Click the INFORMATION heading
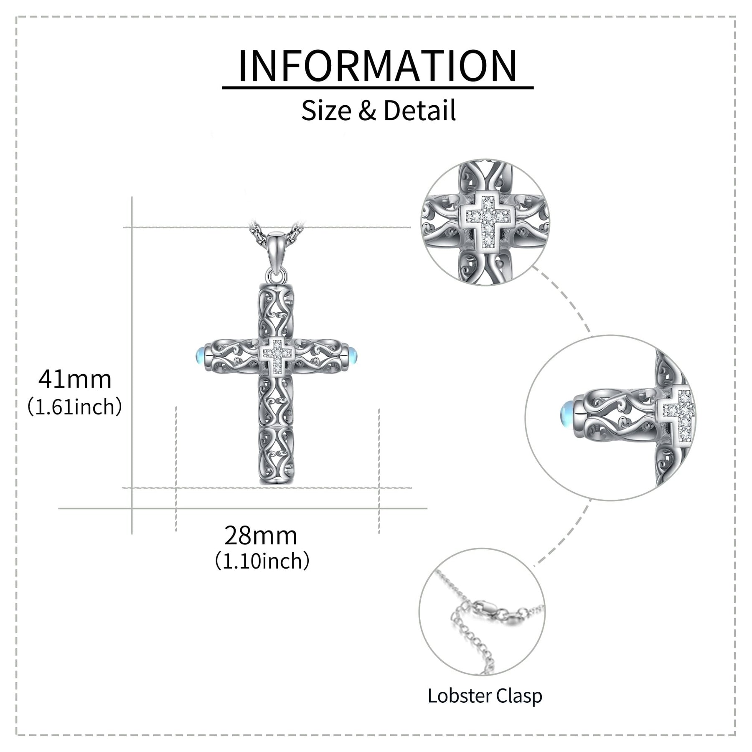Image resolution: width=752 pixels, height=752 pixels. [x=377, y=66]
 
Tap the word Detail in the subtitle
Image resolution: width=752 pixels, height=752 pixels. [x=419, y=111]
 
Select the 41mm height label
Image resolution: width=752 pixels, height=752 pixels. [x=75, y=379]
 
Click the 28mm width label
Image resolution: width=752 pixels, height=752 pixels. [x=261, y=536]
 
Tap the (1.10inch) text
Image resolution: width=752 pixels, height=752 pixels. [x=262, y=561]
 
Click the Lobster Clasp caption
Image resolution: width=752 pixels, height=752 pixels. [x=485, y=696]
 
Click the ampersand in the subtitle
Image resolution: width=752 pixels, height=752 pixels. [x=367, y=111]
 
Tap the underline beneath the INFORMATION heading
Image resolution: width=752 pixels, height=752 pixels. [x=378, y=88]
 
